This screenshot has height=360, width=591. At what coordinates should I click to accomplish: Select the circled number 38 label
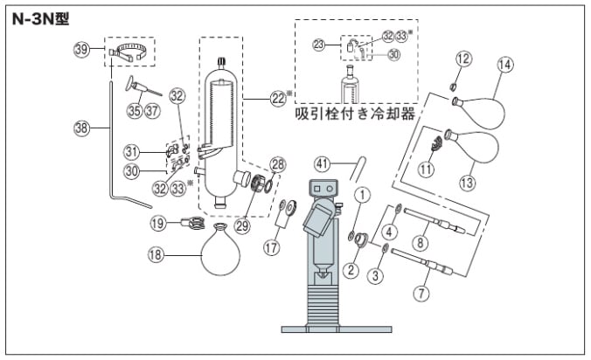(80, 127)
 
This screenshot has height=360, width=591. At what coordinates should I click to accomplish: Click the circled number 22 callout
(279, 99)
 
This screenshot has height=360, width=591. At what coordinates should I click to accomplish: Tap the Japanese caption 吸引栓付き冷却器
(353, 114)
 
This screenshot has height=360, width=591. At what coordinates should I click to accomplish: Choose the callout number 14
(505, 64)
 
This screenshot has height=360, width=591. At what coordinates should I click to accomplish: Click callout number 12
(463, 59)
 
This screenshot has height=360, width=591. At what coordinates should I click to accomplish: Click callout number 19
(158, 223)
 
